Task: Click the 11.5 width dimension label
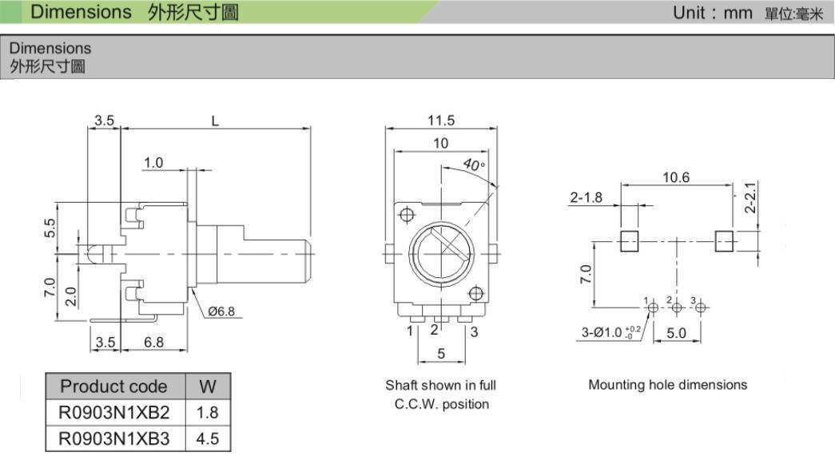tap(440, 121)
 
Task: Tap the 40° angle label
tap(475, 166)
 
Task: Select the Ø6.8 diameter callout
tap(221, 311)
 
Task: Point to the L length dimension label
tap(215, 121)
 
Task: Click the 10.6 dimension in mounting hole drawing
tap(676, 177)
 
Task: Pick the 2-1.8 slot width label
tap(586, 197)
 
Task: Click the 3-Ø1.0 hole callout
tap(610, 332)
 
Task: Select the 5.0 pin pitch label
tap(676, 333)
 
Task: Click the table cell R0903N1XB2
tap(114, 413)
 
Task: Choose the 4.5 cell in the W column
tap(208, 438)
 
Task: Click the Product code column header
tap(114, 387)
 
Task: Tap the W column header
tap(208, 387)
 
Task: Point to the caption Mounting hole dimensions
tap(668, 385)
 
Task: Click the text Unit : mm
tap(713, 12)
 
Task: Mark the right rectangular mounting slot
tap(723, 240)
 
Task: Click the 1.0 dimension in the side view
tap(153, 163)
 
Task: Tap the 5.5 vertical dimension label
tap(50, 228)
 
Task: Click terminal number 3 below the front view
tap(474, 331)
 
